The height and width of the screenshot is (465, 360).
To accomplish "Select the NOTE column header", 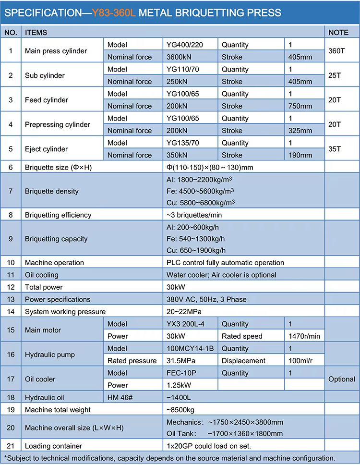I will pos(338,33).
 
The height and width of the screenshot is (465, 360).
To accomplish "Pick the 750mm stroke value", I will pos(300,106).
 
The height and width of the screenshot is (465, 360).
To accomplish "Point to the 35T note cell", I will pos(335,149).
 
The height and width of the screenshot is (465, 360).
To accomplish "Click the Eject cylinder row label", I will pos(47,149).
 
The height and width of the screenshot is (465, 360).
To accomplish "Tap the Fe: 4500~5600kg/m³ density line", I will pos(200,191).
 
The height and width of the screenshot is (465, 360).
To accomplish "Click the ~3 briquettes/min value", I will pos(194,215).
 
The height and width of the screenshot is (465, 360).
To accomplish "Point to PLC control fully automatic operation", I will pos(225,263).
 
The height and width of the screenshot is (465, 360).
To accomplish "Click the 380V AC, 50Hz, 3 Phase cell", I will pos(206,299).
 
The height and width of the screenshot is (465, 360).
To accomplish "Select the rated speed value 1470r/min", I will pos(304,336).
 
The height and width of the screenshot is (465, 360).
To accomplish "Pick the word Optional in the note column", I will pos(342,379).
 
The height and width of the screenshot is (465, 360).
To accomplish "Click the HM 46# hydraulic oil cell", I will pos(121,398).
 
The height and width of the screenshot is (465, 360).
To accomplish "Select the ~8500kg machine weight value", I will pos(180,410).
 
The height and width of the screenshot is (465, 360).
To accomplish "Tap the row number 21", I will pos(11,446).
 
